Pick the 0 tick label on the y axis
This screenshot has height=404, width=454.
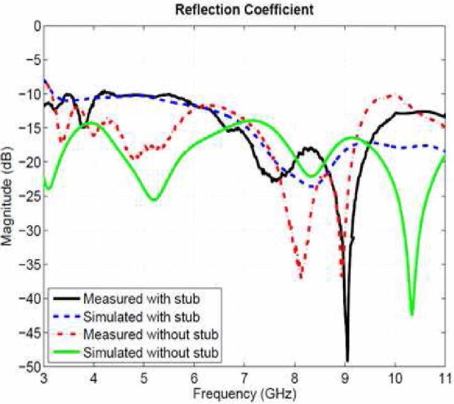pyautogui.click(x=35, y=26)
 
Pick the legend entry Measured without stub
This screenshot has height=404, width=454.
pyautogui.click(x=151, y=334)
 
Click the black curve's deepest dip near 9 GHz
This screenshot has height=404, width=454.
pyautogui.click(x=347, y=360)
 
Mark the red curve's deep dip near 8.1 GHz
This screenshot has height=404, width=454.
pyautogui.click(x=301, y=277)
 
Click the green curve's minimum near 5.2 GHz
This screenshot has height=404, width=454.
pyautogui.click(x=154, y=200)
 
